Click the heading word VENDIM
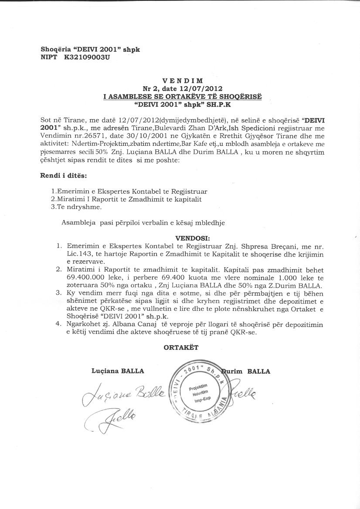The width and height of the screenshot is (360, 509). point(182,81)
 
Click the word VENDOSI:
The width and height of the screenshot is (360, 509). point(192,239)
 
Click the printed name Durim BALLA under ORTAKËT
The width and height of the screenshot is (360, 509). point(247,371)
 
